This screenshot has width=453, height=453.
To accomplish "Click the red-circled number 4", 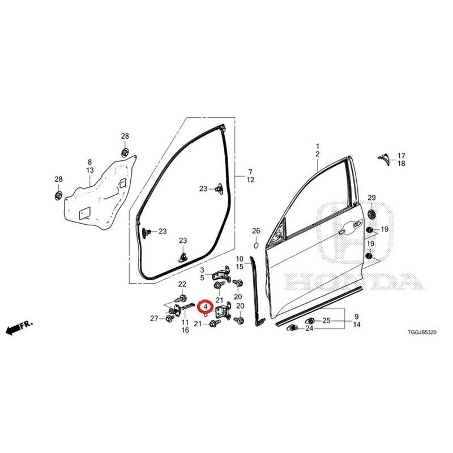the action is [x=206, y=306].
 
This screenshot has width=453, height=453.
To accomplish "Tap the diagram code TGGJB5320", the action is [x=422, y=332].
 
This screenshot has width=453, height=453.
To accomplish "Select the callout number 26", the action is [x=256, y=231].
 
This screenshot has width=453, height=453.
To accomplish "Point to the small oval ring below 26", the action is [x=256, y=246].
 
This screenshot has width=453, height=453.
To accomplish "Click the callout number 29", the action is [x=371, y=198].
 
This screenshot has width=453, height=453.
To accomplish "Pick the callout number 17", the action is [x=401, y=156].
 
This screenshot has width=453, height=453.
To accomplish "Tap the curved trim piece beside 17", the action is [x=384, y=160].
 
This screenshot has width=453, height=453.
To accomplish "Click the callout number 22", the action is [x=182, y=284].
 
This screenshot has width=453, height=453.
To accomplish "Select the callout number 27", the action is [x=154, y=318].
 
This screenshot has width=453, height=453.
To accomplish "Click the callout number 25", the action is [x=326, y=320].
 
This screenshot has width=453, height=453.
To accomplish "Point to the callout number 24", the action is [x=309, y=328].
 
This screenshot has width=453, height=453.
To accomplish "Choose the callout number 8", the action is [x=89, y=163].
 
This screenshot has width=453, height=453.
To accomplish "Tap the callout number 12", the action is [x=250, y=180].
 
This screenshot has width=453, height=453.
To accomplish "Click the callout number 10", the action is [x=240, y=259].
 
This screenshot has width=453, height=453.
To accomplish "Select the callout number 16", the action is [x=185, y=330].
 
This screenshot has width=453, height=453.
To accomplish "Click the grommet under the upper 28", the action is [x=125, y=152].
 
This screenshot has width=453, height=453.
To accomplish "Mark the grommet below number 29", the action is [x=371, y=215].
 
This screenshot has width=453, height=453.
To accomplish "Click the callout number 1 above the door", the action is [x=318, y=146].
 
